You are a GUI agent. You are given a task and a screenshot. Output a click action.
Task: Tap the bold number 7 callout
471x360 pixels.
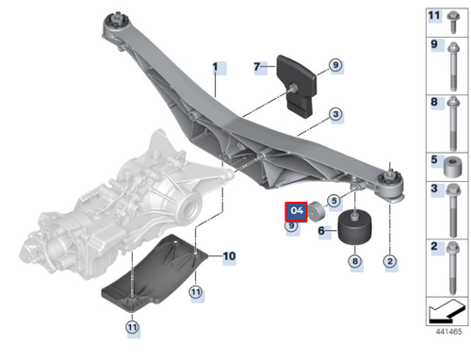pos(256,67)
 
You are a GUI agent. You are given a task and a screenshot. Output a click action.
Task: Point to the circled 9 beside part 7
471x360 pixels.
pos(334,65)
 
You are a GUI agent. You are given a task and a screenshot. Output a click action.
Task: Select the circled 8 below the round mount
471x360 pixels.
pos(354,260)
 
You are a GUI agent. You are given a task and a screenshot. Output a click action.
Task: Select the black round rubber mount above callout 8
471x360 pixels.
pos(354,229)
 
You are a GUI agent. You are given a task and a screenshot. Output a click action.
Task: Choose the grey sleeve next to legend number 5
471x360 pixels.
pos(452,171)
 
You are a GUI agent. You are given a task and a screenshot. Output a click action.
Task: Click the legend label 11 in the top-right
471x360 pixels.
pos(433,16)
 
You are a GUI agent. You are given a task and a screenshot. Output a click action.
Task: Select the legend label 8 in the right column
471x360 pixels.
pos(433,102)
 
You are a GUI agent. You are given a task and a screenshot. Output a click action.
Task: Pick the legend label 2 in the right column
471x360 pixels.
pos(433,247)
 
